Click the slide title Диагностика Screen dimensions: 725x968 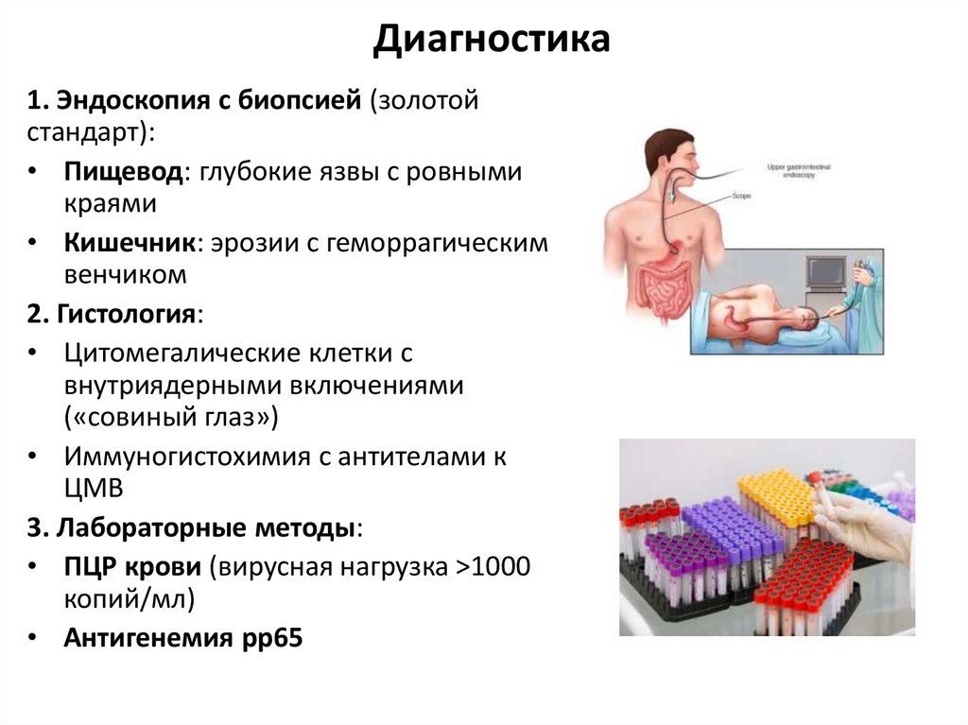pos(490,40)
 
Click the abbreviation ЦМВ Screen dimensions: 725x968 pos(93,488)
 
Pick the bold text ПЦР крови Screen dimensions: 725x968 pos(132,567)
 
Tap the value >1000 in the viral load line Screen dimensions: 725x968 pos(493,567)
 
